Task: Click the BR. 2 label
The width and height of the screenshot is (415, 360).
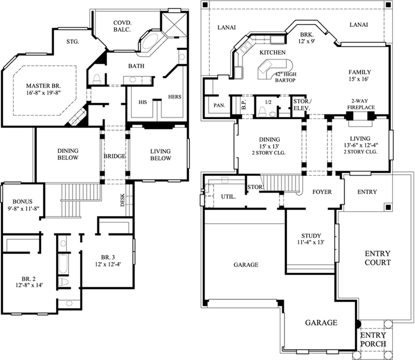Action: (29, 276)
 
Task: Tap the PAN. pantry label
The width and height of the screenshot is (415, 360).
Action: (219, 106)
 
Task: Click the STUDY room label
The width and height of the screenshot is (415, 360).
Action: (311, 235)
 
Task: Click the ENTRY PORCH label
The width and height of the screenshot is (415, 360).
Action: (373, 339)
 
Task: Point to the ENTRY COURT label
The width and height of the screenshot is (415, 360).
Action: (377, 258)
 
